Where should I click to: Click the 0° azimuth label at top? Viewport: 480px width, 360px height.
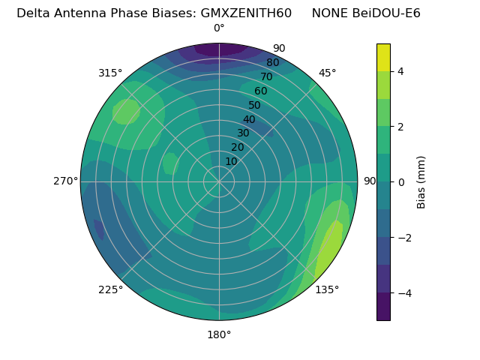tap(219, 28)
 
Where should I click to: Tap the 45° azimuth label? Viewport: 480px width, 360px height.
tap(327, 73)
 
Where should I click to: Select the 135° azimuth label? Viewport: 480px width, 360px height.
tap(327, 289)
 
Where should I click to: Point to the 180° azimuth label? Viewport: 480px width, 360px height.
tap(219, 334)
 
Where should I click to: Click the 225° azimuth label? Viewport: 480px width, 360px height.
tap(110, 289)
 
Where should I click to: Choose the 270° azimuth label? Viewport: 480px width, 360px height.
tap(65, 181)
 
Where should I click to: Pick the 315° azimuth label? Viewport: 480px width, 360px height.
tap(110, 73)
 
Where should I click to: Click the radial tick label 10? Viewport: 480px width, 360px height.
tap(231, 161)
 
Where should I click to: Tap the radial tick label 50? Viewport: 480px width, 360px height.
tap(254, 105)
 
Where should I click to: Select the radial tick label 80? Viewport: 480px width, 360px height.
tap(272, 62)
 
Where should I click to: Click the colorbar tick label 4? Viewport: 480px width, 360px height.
tap(400, 71)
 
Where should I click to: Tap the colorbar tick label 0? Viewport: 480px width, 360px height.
tap(400, 182)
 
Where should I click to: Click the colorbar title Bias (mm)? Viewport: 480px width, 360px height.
tap(421, 182)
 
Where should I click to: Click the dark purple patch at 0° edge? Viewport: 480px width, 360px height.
tap(220, 49)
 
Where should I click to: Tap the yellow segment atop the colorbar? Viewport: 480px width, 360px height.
tap(383, 57)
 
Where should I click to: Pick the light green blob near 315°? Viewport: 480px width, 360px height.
tap(125, 111)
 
